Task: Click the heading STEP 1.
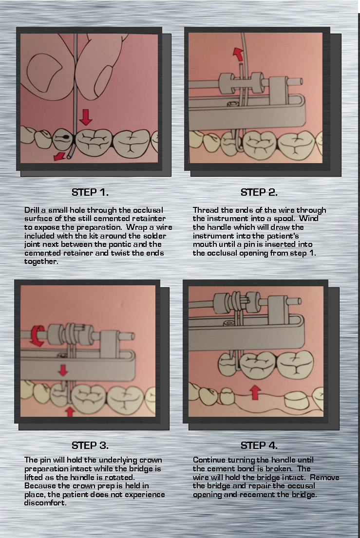click(90, 192)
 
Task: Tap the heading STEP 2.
click(259, 192)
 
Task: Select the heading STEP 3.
click(90, 445)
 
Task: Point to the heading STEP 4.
click(259, 445)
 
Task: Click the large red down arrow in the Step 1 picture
click(86, 117)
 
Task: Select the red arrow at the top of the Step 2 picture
click(238, 54)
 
